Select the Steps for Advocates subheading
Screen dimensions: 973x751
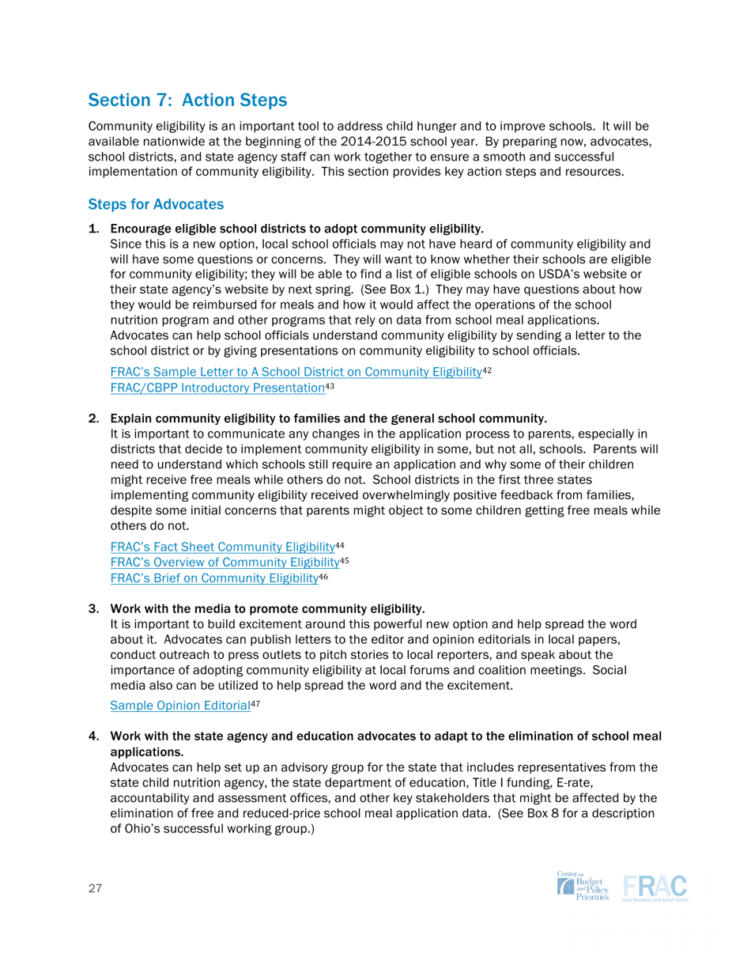(x=156, y=205)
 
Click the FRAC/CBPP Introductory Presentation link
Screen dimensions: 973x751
(x=217, y=387)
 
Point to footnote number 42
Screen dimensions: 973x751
(x=488, y=369)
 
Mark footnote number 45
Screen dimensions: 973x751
(x=345, y=560)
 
